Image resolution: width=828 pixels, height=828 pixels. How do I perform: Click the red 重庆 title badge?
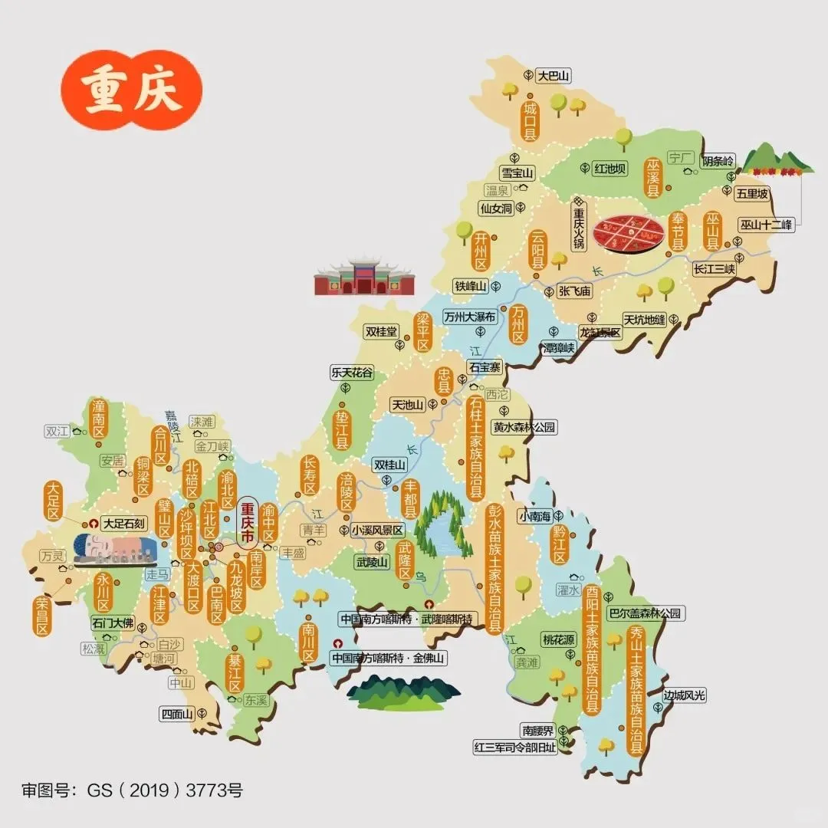tap(132, 92)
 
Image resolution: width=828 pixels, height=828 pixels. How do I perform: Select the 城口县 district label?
tap(530, 120)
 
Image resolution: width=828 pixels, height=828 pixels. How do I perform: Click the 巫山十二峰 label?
tap(767, 225)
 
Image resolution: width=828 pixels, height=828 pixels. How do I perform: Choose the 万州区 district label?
tap(519, 325)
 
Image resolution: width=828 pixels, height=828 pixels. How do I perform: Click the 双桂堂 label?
tap(381, 332)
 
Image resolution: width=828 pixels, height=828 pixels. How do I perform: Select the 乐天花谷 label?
tap(352, 373)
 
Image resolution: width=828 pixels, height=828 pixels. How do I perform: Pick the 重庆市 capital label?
tap(247, 523)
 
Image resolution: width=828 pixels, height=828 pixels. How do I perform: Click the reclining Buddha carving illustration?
tap(115, 549)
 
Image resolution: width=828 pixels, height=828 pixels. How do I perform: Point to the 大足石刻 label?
tap(123, 524)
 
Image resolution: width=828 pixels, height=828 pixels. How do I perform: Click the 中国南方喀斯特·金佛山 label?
tap(388, 658)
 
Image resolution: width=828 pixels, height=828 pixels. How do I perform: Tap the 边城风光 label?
tap(684, 695)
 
